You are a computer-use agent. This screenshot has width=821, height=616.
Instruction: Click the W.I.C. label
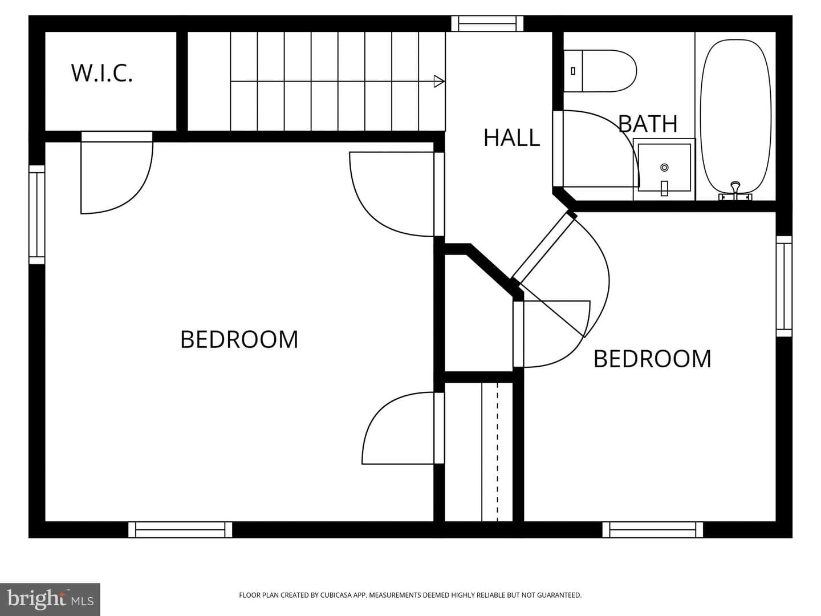(x=101, y=74)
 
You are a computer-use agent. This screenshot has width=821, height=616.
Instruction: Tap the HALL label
(x=511, y=137)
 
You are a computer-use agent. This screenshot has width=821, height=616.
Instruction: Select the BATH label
(x=648, y=124)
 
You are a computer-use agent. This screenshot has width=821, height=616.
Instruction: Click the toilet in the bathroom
(x=600, y=71)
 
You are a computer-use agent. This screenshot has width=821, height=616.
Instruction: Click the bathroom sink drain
(x=664, y=168)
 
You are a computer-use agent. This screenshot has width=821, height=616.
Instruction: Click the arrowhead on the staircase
(x=439, y=81)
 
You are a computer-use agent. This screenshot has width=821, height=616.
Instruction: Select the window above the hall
(x=487, y=23)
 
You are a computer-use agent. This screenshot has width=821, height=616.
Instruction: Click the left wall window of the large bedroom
(x=36, y=214)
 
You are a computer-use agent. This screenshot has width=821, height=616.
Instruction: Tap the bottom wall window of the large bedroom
(x=180, y=530)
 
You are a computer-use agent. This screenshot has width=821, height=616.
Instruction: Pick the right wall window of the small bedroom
(x=784, y=286)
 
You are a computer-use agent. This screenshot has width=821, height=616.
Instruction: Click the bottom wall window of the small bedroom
(x=653, y=530)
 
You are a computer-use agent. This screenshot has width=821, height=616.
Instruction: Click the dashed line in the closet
(x=497, y=451)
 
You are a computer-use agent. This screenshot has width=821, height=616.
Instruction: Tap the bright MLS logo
(x=50, y=599)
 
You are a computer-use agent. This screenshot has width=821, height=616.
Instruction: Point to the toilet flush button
(x=572, y=71)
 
